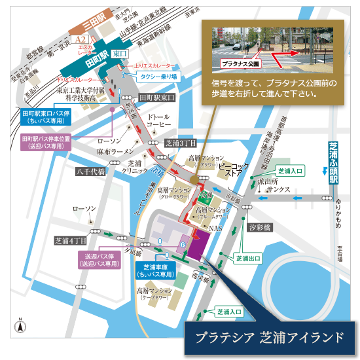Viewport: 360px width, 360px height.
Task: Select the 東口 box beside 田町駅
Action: (119, 54)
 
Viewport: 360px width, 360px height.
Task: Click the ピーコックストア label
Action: (234, 170)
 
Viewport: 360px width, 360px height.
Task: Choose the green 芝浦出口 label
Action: (248, 259)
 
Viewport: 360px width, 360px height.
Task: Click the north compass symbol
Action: (20, 325)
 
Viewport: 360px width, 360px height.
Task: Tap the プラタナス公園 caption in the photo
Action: (237, 64)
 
